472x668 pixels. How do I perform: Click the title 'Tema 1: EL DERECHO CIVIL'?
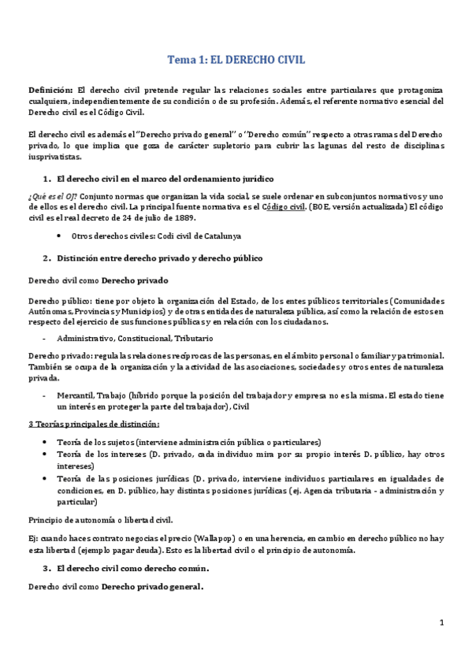(236, 58)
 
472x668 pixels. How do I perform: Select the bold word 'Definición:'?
(50, 90)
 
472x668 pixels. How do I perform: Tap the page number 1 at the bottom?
(443, 622)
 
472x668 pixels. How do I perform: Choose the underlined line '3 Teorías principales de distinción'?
(94, 425)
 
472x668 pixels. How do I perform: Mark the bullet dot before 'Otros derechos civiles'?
(61, 236)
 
